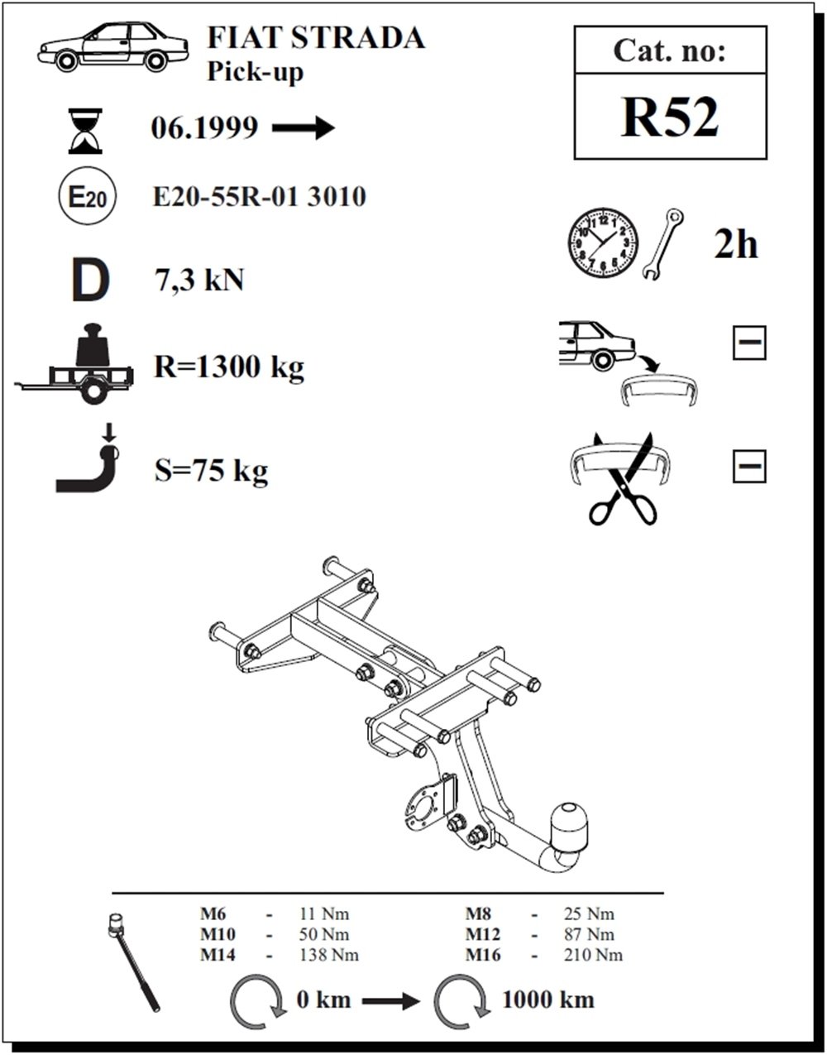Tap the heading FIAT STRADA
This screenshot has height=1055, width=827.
(x=316, y=38)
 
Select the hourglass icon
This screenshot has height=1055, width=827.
(x=85, y=131)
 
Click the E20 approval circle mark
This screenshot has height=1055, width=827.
(x=87, y=195)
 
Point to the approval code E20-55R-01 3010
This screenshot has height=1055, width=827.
(x=260, y=197)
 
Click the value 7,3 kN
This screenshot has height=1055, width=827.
(x=198, y=281)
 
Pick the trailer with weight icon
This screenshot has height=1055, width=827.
(x=74, y=363)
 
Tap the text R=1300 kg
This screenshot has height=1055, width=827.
(x=229, y=367)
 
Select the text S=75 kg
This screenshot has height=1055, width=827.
(x=211, y=471)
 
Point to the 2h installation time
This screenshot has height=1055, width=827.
(x=735, y=245)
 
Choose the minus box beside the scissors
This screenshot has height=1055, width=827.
(x=749, y=467)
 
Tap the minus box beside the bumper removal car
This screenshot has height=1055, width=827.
(x=749, y=343)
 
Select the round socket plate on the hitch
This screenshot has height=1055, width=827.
(x=421, y=808)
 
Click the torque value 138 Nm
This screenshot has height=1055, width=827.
(x=329, y=955)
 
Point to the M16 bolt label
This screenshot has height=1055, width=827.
(x=483, y=955)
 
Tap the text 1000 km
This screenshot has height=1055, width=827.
(x=548, y=1000)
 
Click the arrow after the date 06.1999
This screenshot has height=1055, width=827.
(x=304, y=128)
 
